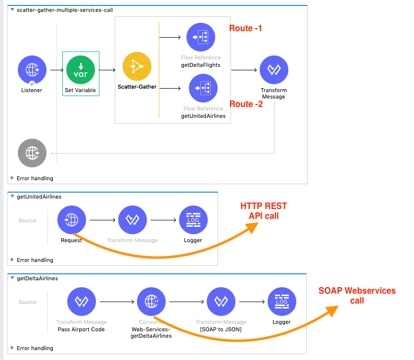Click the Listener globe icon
[32, 70]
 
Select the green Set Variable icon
[81, 70]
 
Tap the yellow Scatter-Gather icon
[137, 66]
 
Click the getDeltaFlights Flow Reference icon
[201, 38]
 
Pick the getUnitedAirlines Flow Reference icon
[203, 88]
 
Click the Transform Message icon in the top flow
[274, 70]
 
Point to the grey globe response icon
[32, 153]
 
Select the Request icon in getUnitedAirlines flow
[72, 220]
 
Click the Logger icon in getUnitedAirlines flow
[193, 220]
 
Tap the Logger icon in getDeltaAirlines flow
[281, 302]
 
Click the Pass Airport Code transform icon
[81, 302]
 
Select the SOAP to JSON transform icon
[221, 302]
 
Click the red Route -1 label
[245, 28]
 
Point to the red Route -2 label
[246, 104]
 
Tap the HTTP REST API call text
[264, 211]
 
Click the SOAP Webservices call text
[357, 296]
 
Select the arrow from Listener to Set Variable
[56, 70]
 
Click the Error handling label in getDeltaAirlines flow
[35, 348]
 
